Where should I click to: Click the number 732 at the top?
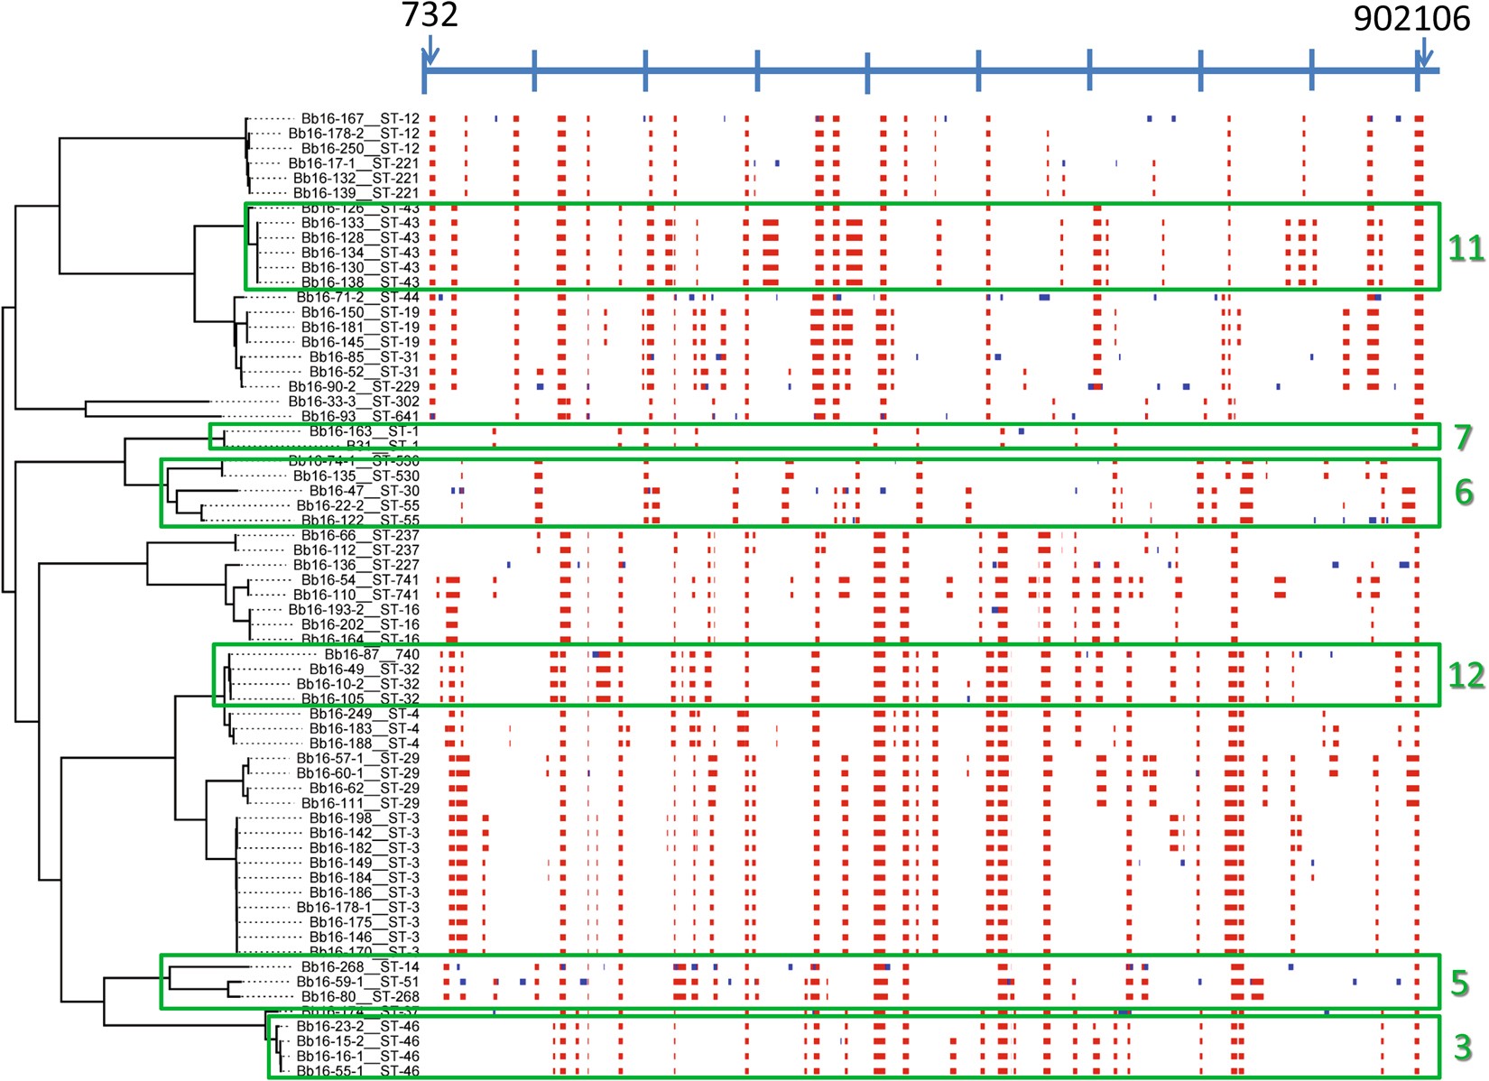tap(430, 14)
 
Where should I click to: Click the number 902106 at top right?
tap(1411, 18)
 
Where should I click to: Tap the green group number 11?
tap(1466, 248)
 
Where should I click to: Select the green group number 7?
tap(1463, 438)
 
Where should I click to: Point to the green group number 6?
tap(1464, 492)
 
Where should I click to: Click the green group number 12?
tap(1466, 675)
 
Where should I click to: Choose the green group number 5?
tap(1460, 983)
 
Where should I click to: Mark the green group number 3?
tap(1463, 1048)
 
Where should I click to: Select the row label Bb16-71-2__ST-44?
tap(357, 297)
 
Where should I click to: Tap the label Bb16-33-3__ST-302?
tap(354, 402)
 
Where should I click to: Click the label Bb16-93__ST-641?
tap(359, 416)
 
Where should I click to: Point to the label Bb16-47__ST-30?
tap(364, 491)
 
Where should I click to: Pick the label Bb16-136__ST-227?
tap(356, 565)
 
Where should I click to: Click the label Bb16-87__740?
tap(372, 654)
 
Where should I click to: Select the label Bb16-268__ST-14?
tap(359, 967)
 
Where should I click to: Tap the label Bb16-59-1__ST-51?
tap(357, 982)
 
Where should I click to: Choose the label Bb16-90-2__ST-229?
tap(354, 386)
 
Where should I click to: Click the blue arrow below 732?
tap(430, 50)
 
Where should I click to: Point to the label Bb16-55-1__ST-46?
tap(357, 1071)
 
